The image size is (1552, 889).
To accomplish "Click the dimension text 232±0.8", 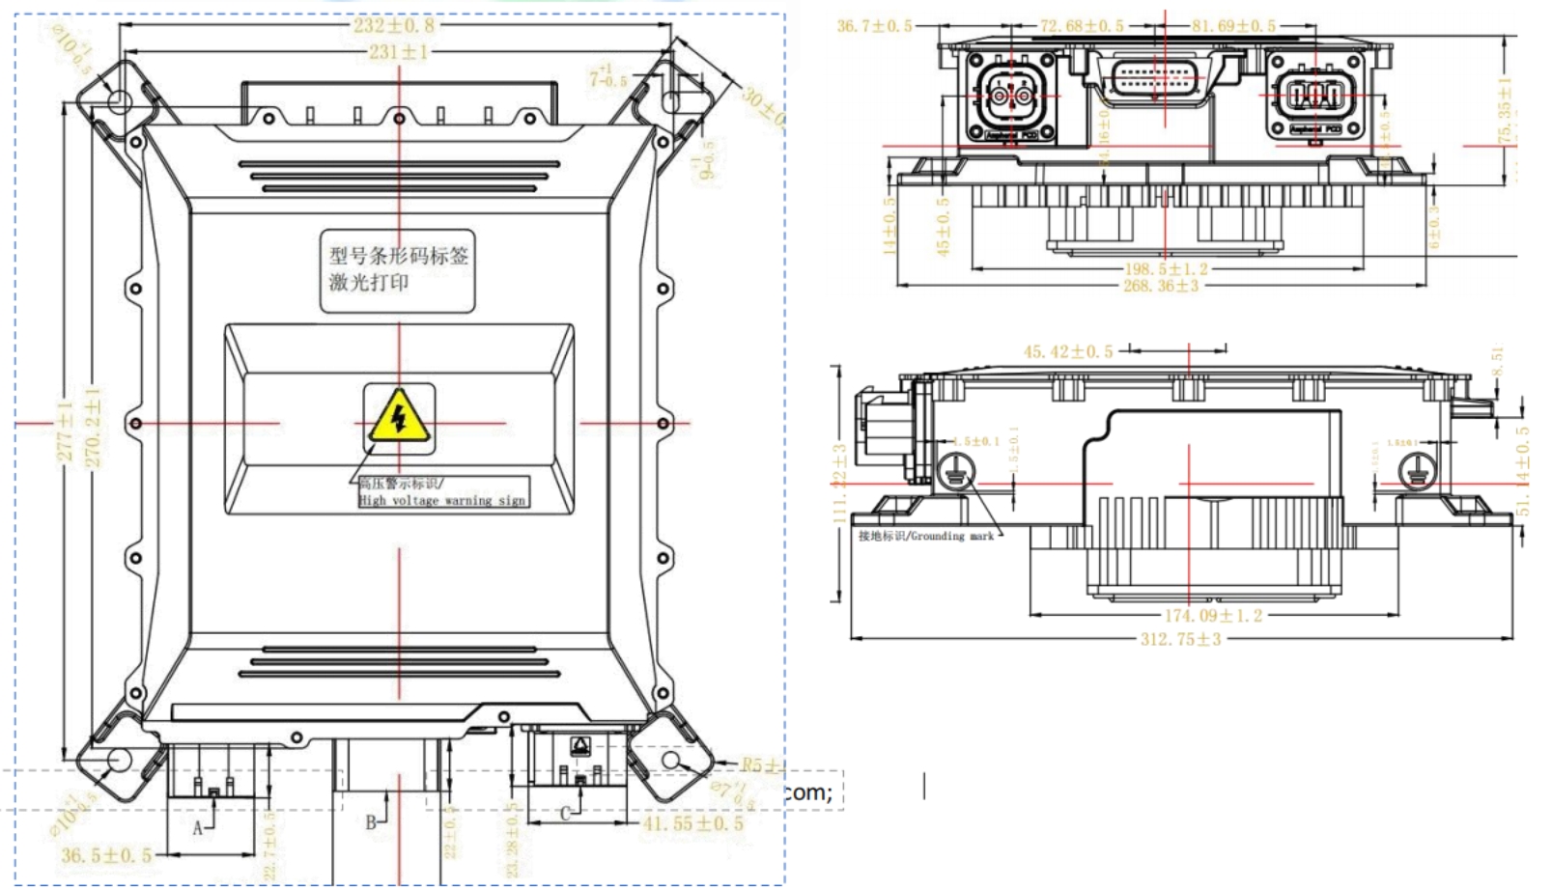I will point(394,26).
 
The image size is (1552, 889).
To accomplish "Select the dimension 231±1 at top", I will point(397,51).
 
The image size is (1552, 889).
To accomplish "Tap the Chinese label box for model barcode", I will point(397,269).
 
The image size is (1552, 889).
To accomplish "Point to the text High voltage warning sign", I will point(442,500).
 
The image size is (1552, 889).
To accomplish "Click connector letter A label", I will point(197,827).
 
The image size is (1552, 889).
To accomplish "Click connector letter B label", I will point(370,822).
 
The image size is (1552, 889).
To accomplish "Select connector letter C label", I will point(566,814).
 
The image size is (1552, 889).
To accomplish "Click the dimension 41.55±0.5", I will point(693,823).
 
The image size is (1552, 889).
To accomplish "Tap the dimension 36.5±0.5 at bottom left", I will point(106,855).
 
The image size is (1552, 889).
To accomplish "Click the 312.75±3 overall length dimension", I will point(1180,639).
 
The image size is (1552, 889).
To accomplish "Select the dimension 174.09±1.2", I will point(1212,615).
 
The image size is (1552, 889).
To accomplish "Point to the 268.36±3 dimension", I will point(1161,286).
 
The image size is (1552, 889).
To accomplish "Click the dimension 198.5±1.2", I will point(1166,269).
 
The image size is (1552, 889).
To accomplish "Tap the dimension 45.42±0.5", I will point(1067,351).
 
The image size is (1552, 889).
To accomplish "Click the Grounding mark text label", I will point(926,536).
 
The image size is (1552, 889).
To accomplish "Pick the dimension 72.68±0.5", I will point(1081,26).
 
